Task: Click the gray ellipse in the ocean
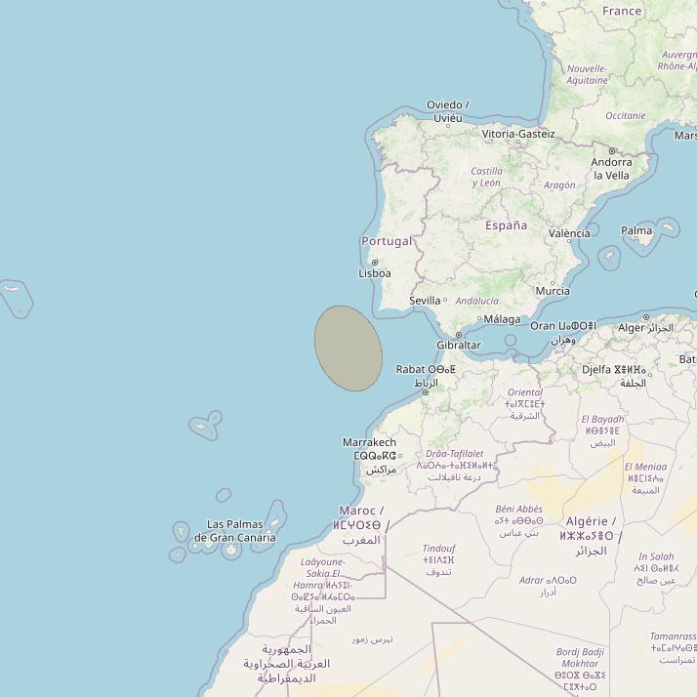348,348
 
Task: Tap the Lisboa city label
375,274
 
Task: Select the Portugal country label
387,241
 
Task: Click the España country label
506,225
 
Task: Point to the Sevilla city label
425,301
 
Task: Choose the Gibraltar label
459,346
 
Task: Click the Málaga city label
502,319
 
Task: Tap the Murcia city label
553,291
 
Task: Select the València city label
569,233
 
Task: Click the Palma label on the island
636,231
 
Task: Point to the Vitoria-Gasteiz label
518,134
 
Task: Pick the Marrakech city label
369,442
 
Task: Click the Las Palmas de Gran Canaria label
234,531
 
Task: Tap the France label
622,11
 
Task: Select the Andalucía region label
477,301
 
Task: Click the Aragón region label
559,185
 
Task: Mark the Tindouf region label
438,549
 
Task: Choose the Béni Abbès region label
518,509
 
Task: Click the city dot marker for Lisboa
374,263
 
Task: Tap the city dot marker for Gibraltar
459,335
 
